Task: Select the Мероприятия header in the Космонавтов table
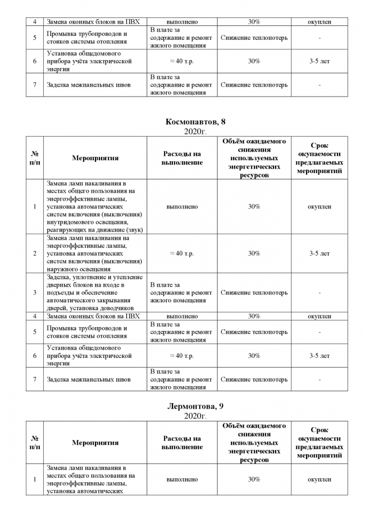pos(95,158)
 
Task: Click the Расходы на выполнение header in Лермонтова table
pos(182,442)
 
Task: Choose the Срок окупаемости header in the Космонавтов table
pos(319,158)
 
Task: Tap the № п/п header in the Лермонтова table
pos(34,442)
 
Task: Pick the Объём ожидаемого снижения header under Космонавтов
pos(254,158)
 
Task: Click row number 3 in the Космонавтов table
pos(34,292)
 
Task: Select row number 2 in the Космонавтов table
pos(34,253)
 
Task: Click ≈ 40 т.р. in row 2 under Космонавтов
pos(182,253)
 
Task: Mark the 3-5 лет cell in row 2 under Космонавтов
pos(319,253)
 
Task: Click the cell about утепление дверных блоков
pos(95,292)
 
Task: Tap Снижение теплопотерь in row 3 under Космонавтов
pos(254,292)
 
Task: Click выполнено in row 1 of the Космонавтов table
pos(182,207)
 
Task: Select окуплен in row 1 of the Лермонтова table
pos(319,479)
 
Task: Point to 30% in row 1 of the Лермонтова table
pos(254,479)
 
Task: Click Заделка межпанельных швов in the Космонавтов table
pos(89,379)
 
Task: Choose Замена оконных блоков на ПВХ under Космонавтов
pos(93,316)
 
